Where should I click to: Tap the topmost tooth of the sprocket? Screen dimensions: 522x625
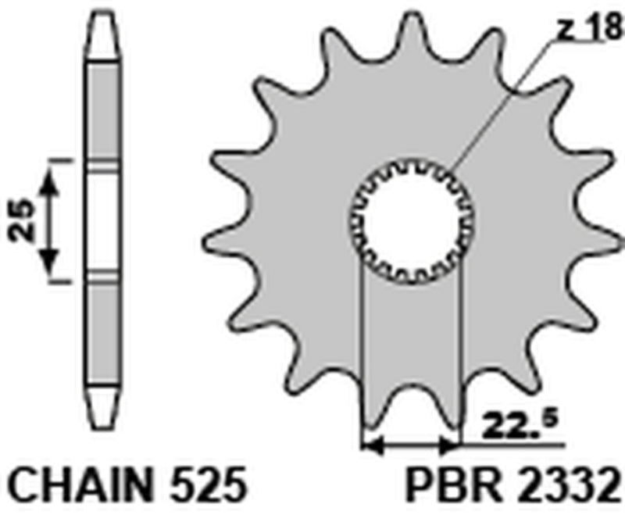[x=412, y=31]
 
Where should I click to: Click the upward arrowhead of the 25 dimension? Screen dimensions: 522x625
[x=51, y=181]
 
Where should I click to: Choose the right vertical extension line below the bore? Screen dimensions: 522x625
[x=462, y=352]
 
